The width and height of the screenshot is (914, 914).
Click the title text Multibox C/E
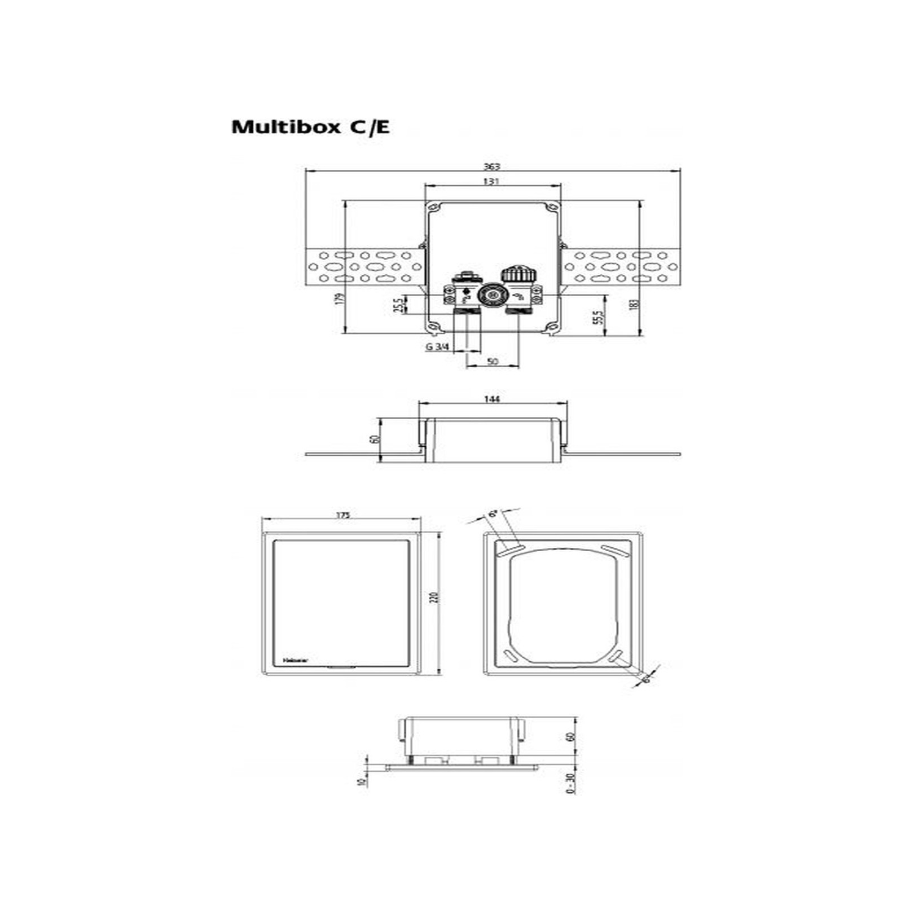pos(310,126)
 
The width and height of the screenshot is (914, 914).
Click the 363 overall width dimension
pos(492,166)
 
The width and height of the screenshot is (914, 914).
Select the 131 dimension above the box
pos(491,181)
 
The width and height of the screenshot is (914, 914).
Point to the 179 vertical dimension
pos(339,299)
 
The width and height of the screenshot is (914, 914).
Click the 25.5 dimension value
pos(398,305)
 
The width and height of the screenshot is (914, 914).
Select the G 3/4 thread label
pos(437,346)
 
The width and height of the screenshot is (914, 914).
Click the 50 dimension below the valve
pos(493,361)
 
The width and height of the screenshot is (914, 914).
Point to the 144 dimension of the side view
pos(492,399)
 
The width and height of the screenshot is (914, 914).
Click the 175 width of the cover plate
pos(342,515)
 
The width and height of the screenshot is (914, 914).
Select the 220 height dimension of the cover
pos(434,596)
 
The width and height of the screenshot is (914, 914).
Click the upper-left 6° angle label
pos(493,514)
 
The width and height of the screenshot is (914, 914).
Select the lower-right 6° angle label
pos(647,679)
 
